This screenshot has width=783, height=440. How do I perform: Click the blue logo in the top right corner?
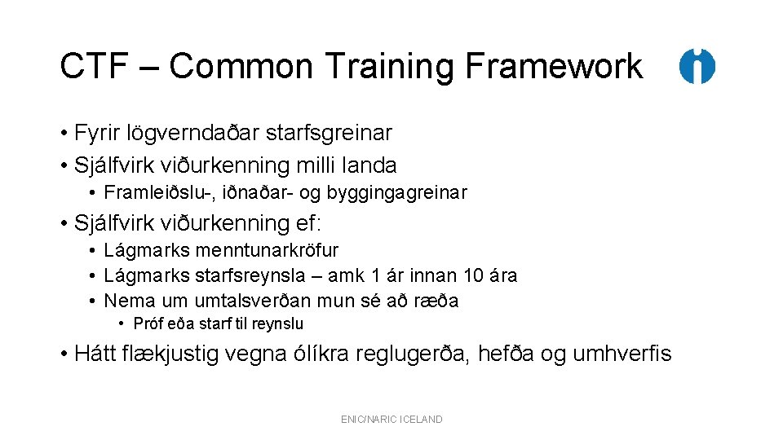click(697, 66)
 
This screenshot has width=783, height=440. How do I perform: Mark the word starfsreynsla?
click(246, 275)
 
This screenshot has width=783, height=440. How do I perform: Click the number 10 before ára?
click(473, 275)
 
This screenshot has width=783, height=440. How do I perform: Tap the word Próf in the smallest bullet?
click(148, 323)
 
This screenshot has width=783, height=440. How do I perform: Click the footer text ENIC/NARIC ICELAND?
click(391, 420)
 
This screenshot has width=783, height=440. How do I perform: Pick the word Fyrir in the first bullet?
click(97, 132)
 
